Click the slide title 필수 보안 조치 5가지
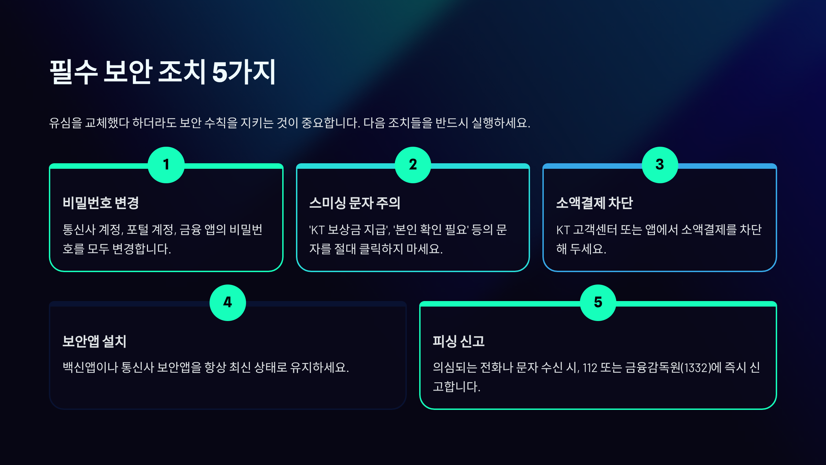[x=162, y=72]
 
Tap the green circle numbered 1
[x=166, y=165]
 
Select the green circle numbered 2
[x=413, y=165]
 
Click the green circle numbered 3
[x=660, y=165]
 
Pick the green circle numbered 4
[x=227, y=303]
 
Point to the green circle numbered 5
[x=598, y=303]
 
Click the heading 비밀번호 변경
[x=101, y=203]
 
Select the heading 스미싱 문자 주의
[x=355, y=203]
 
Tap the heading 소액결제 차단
[x=594, y=203]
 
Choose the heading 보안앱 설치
[x=94, y=341]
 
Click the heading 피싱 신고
[x=458, y=341]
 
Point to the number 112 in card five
[x=590, y=368]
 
